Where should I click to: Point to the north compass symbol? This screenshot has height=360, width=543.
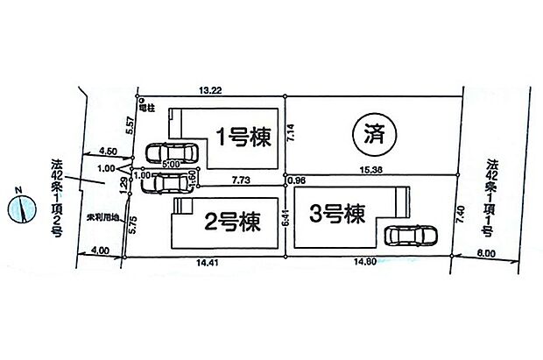tap(20, 208)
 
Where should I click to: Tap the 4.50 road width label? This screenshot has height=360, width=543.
tap(109, 150)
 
